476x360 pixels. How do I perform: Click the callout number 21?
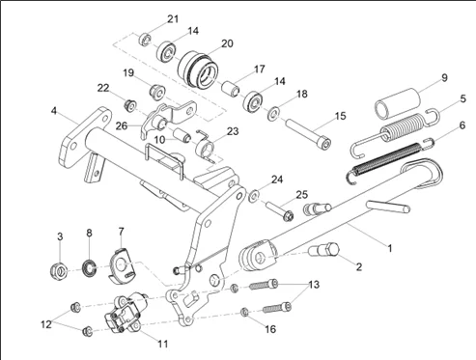(x=173, y=19)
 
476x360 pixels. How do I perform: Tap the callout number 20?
(x=227, y=43)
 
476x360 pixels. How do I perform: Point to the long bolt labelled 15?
(x=309, y=133)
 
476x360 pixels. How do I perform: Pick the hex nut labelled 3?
(x=59, y=270)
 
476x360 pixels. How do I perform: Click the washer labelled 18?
(x=273, y=113)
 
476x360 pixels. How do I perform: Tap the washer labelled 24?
(x=254, y=196)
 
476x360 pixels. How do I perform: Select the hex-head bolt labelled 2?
(x=324, y=250)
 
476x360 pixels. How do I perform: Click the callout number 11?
(x=163, y=344)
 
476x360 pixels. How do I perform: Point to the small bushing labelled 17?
(x=231, y=89)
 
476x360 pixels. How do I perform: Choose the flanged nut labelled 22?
(x=130, y=105)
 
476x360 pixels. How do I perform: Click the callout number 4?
(x=53, y=111)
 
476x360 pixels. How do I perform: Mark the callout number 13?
(x=314, y=285)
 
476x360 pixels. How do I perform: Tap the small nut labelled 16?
(x=244, y=312)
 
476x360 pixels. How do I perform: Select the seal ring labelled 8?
(x=89, y=268)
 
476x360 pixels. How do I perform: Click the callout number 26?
(x=122, y=125)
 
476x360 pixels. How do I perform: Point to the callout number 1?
(x=390, y=248)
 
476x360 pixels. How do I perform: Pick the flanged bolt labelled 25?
(x=280, y=210)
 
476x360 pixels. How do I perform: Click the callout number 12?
(x=46, y=324)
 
